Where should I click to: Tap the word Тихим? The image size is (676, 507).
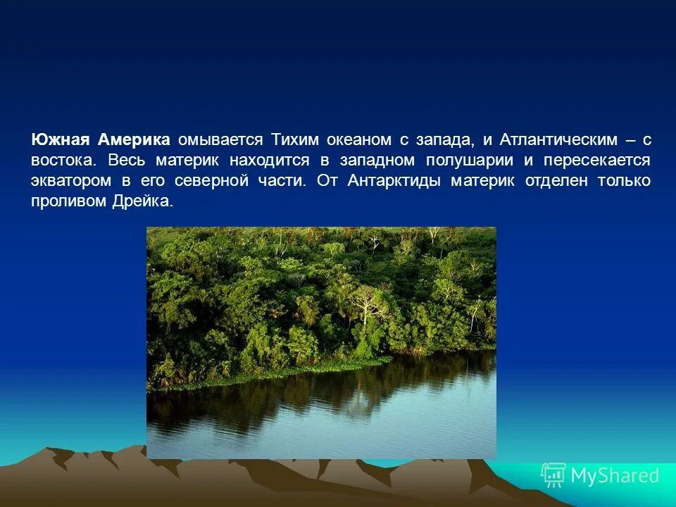pos(295,139)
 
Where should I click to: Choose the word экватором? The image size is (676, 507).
pos(71,180)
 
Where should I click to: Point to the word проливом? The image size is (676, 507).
pos(68,201)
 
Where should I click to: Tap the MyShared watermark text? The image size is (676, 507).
pos(614,476)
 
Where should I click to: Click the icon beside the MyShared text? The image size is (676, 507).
pos(553,476)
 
